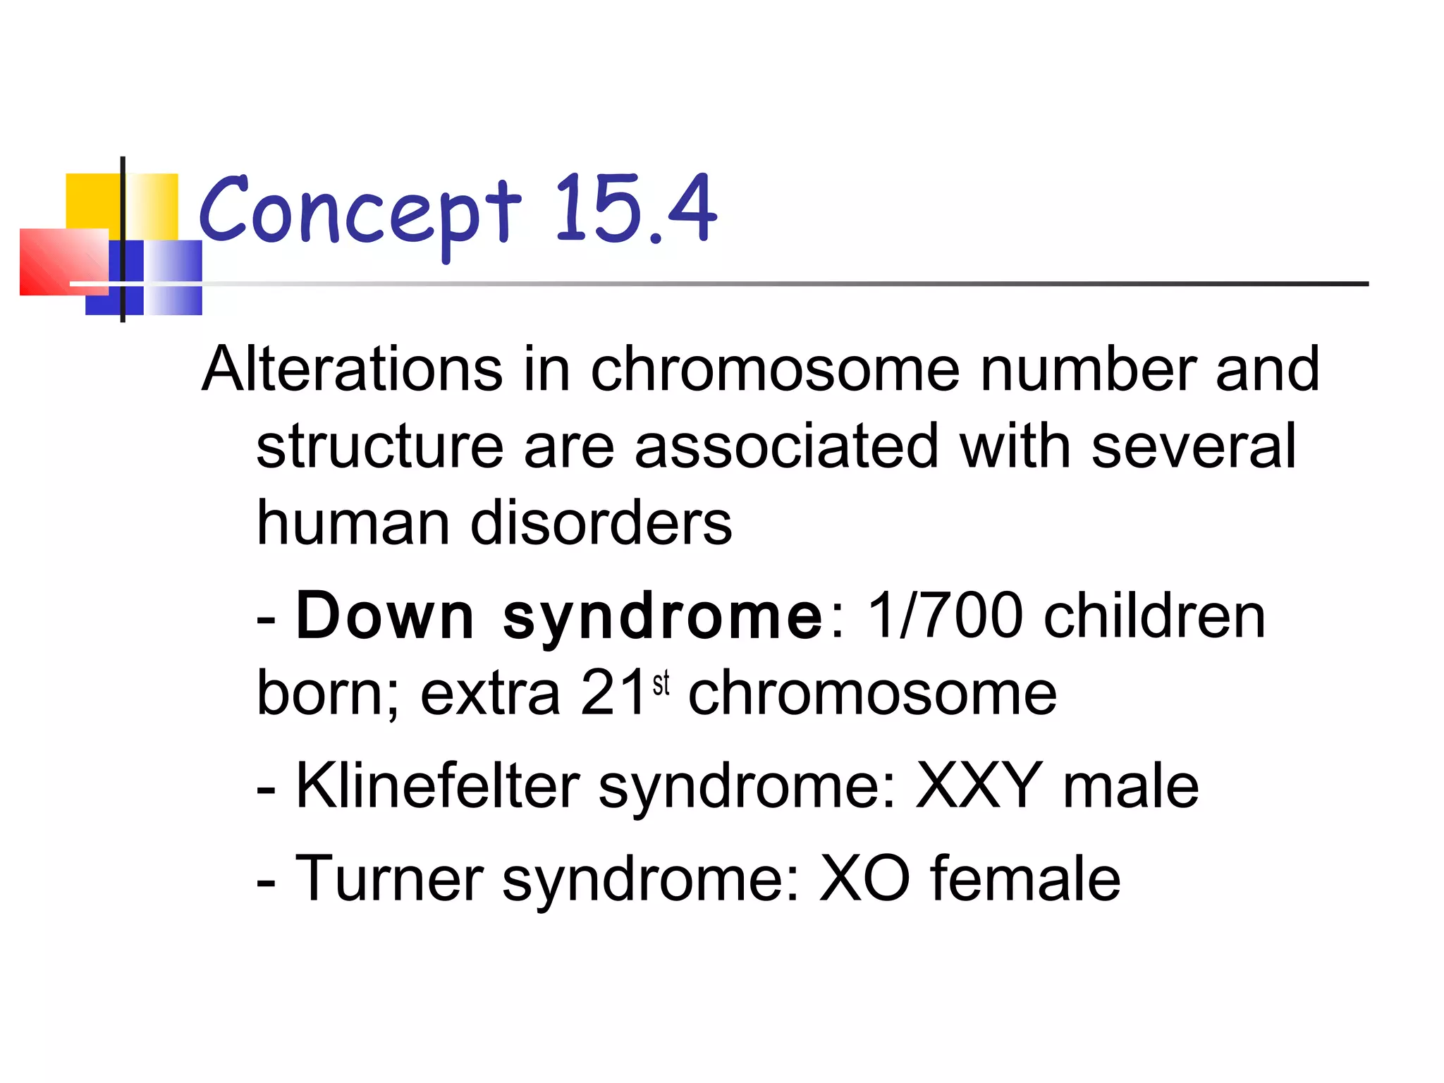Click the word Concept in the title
tap(360, 212)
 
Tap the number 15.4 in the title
tap(635, 208)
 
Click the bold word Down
tap(385, 616)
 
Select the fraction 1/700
tap(945, 616)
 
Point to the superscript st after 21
tap(661, 683)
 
